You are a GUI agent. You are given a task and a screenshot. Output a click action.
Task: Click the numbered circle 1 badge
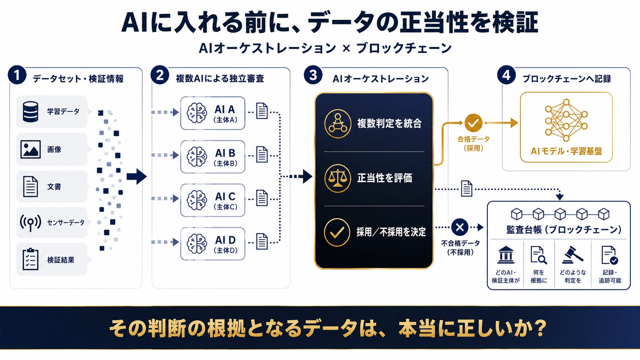click(x=17, y=75)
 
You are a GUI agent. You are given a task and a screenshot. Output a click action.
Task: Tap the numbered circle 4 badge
click(x=506, y=75)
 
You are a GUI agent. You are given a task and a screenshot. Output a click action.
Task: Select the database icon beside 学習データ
click(x=30, y=112)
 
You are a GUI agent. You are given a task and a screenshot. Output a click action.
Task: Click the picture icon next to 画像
click(x=30, y=149)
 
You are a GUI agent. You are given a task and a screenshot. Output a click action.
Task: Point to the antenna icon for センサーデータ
click(x=30, y=223)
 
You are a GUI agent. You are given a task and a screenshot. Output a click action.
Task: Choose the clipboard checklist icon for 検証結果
click(x=30, y=259)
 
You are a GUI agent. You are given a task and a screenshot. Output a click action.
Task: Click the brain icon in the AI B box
click(x=197, y=156)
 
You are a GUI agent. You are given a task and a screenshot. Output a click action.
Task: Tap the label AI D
click(x=225, y=240)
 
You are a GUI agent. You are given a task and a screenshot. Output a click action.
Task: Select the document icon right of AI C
click(x=262, y=198)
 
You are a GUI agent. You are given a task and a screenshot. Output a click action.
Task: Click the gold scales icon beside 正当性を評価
click(x=338, y=178)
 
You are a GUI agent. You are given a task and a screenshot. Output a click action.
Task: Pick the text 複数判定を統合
click(x=389, y=123)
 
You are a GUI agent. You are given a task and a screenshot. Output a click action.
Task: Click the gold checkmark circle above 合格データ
click(x=473, y=123)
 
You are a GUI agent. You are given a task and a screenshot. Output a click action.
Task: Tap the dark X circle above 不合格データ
click(x=460, y=227)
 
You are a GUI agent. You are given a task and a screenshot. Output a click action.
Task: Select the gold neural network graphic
click(x=566, y=120)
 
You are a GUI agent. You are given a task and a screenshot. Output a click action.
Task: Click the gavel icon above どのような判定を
click(x=572, y=255)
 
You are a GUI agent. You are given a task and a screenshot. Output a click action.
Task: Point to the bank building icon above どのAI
click(x=506, y=255)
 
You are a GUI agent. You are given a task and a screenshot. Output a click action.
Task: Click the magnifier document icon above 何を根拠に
click(x=539, y=255)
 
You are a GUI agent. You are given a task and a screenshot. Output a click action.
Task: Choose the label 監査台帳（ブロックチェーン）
click(x=564, y=230)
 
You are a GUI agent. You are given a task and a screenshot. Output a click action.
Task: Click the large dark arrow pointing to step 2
click(x=137, y=176)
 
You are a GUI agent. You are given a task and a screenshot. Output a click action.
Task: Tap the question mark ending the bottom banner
click(x=540, y=328)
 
